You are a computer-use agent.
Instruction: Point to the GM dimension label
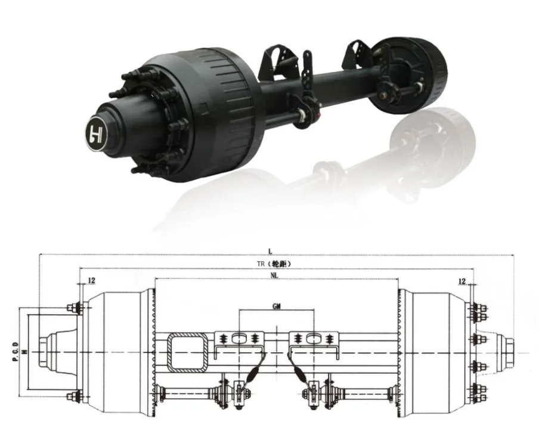(x=276, y=306)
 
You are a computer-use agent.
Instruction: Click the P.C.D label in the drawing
(x=15, y=352)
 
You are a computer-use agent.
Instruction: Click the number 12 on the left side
(x=91, y=280)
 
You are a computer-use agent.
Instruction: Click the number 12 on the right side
(x=462, y=280)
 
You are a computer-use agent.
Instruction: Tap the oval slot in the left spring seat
(x=239, y=338)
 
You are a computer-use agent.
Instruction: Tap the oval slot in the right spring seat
(x=314, y=338)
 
